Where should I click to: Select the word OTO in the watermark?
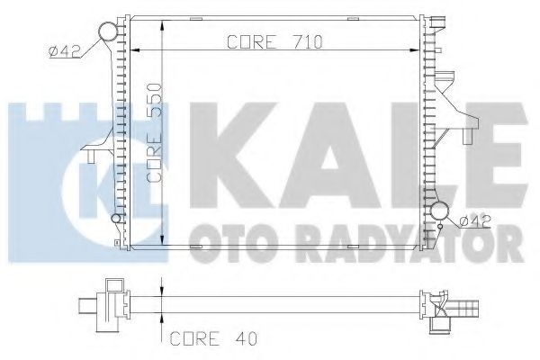(x=221, y=238)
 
